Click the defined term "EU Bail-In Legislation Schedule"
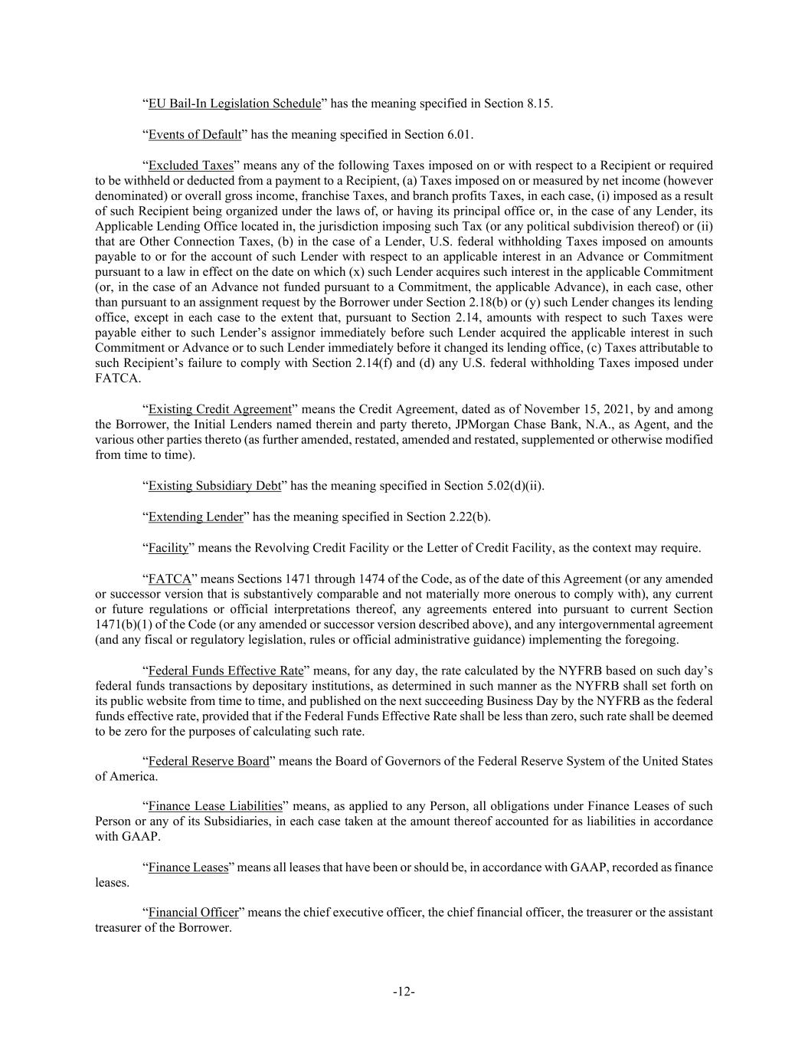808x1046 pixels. pyautogui.click(x=234, y=103)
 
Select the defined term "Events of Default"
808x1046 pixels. pyautogui.click(x=195, y=135)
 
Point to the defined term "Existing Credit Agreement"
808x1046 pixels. pyautogui.click(x=220, y=409)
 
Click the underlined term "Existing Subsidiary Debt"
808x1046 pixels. pyautogui.click(x=214, y=486)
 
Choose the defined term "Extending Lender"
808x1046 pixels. pyautogui.click(x=195, y=517)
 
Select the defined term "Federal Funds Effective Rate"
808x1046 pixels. pyautogui.click(x=226, y=671)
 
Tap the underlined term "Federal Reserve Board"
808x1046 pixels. pyautogui.click(x=208, y=762)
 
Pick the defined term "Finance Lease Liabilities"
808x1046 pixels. pyautogui.click(x=215, y=806)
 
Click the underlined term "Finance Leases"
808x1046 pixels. pyautogui.click(x=188, y=867)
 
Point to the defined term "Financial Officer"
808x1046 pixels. pyautogui.click(x=193, y=913)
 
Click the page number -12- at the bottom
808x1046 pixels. pyautogui.click(x=404, y=992)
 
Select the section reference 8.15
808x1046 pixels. pyautogui.click(x=538, y=103)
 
